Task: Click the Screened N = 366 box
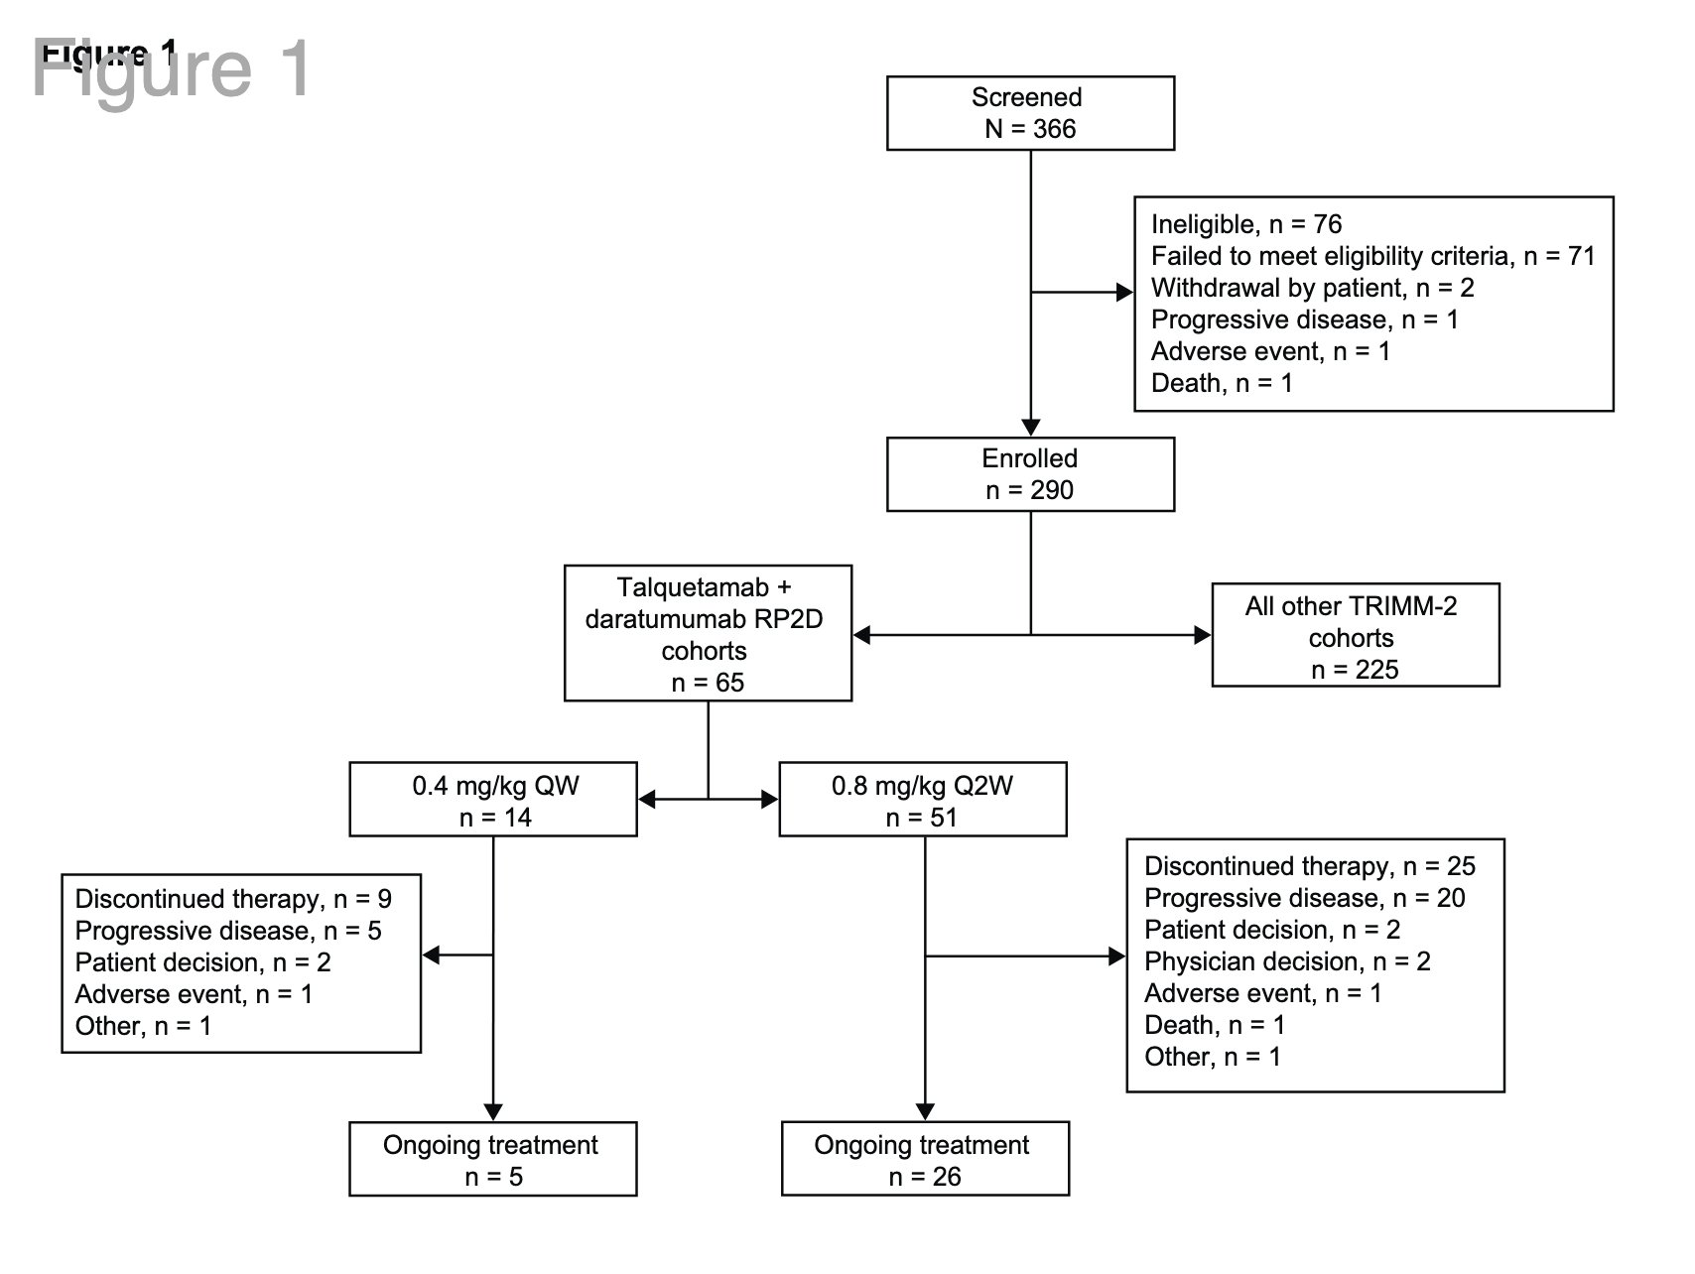1030,113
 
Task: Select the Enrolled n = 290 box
1030,474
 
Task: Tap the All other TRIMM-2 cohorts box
1356,635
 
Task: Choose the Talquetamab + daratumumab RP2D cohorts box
708,633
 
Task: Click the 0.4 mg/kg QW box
493,799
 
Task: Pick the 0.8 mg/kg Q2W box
923,799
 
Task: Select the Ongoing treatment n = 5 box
493,1159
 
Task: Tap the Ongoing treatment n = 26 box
925,1159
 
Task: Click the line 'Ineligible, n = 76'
1246,225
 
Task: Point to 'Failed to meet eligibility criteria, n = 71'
1373,257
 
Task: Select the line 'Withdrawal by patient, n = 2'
1313,289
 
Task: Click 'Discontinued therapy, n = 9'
233,900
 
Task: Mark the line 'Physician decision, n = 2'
1287,962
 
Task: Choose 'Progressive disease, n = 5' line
228,932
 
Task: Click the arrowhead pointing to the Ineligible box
1125,293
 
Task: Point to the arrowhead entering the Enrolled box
1031,429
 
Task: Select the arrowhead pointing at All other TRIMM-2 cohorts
1203,635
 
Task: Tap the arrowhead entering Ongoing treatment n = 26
925,1113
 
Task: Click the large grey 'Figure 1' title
172,69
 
